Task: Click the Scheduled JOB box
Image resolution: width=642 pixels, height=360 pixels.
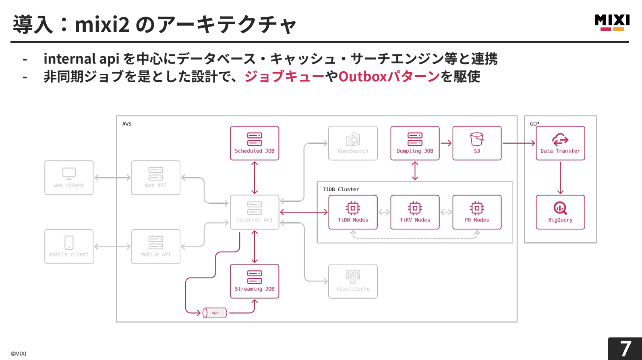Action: click(x=255, y=143)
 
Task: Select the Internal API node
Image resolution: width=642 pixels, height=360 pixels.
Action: click(x=255, y=212)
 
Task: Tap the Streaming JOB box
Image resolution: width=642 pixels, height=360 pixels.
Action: click(x=255, y=281)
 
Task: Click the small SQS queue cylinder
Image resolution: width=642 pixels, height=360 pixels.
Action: click(x=215, y=313)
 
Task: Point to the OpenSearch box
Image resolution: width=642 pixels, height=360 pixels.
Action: click(x=353, y=143)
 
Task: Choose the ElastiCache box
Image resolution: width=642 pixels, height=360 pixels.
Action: click(x=353, y=281)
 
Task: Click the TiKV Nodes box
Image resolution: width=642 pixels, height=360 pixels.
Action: click(x=415, y=212)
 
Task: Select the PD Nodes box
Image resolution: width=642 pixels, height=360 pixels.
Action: click(x=477, y=212)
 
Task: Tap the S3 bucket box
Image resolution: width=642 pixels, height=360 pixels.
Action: click(x=477, y=143)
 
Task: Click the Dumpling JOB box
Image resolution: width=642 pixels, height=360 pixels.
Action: click(x=415, y=143)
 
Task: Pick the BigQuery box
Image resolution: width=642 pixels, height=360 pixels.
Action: click(x=560, y=212)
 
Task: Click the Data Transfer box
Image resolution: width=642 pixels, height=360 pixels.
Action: click(x=560, y=143)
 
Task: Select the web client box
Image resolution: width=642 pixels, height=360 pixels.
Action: click(x=69, y=178)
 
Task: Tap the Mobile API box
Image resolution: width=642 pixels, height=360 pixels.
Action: click(x=155, y=246)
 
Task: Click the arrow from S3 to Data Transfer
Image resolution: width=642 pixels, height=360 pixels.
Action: click(x=519, y=143)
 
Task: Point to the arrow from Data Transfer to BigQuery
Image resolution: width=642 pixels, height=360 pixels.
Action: click(x=560, y=178)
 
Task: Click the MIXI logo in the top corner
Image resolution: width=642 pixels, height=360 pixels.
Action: click(x=612, y=23)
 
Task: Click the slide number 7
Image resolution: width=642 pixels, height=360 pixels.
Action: click(x=625, y=349)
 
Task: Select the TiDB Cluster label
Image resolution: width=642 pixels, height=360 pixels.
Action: click(x=341, y=189)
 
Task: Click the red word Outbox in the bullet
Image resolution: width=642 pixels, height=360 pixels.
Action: click(x=362, y=77)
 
